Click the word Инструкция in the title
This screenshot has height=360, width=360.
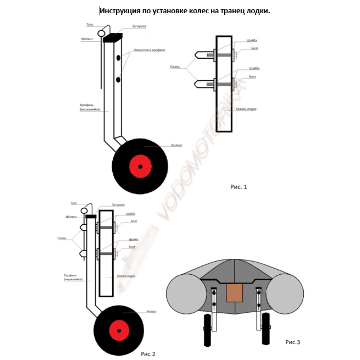tap(119, 12)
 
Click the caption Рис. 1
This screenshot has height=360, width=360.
tap(239, 187)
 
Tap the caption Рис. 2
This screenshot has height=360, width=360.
tap(148, 354)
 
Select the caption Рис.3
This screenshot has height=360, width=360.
tap(293, 342)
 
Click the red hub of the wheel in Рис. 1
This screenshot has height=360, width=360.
tap(140, 166)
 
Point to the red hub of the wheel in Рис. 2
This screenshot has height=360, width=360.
tap(119, 330)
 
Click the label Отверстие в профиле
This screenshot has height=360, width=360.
tap(149, 50)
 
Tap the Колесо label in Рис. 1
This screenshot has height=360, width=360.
tap(177, 145)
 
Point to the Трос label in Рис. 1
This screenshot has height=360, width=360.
tap(90, 25)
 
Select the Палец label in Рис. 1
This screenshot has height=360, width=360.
tap(175, 67)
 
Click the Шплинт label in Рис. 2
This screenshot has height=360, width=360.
tap(71, 217)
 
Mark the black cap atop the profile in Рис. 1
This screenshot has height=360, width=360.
tap(113, 36)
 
